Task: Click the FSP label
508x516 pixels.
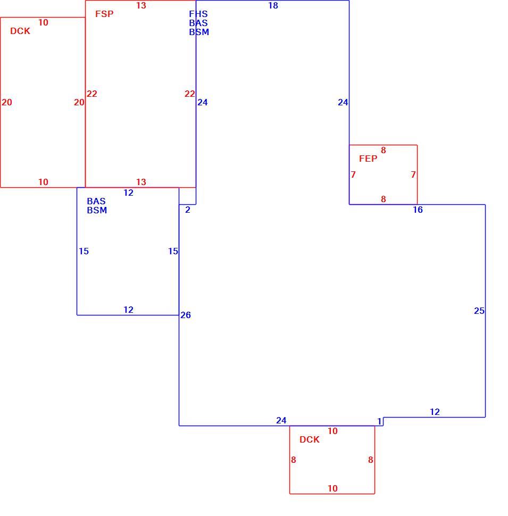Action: pyautogui.click(x=104, y=14)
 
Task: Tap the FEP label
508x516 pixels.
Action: pyautogui.click(x=368, y=159)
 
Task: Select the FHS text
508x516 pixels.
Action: pyautogui.click(x=198, y=14)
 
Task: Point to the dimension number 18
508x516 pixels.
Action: pyautogui.click(x=273, y=6)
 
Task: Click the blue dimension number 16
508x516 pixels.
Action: pyautogui.click(x=418, y=210)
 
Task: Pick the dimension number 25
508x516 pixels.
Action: pyautogui.click(x=479, y=311)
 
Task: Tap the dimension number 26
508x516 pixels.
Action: pyautogui.click(x=186, y=315)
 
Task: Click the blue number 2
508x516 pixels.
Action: pyautogui.click(x=188, y=210)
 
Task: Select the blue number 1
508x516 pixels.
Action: pyautogui.click(x=379, y=421)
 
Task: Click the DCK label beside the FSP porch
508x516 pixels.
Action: pyautogui.click(x=20, y=31)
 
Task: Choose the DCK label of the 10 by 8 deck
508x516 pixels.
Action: pyautogui.click(x=310, y=439)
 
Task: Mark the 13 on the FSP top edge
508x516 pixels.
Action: pyautogui.click(x=141, y=6)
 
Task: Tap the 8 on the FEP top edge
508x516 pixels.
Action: pyautogui.click(x=384, y=151)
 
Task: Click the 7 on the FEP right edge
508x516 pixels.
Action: pyautogui.click(x=413, y=174)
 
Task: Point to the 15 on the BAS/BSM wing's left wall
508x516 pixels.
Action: pyautogui.click(x=84, y=252)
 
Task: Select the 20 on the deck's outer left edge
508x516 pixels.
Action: pyautogui.click(x=6, y=102)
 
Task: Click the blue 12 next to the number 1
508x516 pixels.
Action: pyautogui.click(x=435, y=412)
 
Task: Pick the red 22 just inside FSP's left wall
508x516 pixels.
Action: pyautogui.click(x=92, y=94)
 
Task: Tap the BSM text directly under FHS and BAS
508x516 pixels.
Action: pyautogui.click(x=199, y=32)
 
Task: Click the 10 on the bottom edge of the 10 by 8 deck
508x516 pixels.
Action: pyautogui.click(x=332, y=489)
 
